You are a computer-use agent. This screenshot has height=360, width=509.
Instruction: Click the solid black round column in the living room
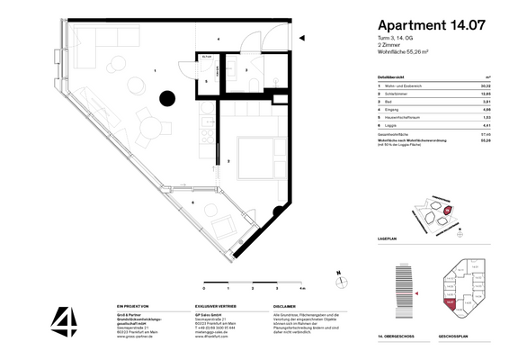tap(167, 100)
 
